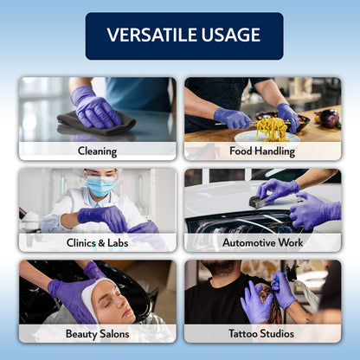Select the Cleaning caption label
tap(97, 150)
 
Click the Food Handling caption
tap(262, 151)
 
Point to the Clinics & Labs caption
tap(97, 242)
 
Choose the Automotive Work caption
tap(262, 242)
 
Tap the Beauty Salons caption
tap(97, 333)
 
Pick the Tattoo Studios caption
tap(262, 333)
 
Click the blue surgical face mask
tap(100, 187)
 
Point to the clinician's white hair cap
tap(101, 172)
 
